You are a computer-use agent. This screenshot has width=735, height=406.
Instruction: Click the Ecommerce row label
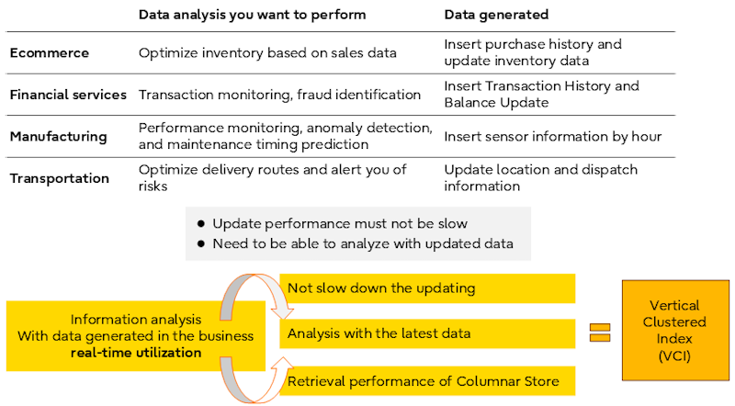click(x=50, y=52)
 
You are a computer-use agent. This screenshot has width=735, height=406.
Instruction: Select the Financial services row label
click(x=68, y=95)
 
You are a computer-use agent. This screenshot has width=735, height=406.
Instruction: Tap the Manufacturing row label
click(x=58, y=137)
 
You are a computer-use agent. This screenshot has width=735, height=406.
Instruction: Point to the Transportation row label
click(x=59, y=178)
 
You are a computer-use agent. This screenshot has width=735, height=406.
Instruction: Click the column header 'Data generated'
click(x=496, y=15)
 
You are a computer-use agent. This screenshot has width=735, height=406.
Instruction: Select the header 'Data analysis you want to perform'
click(x=252, y=15)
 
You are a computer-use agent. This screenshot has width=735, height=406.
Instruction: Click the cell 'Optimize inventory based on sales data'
click(x=267, y=52)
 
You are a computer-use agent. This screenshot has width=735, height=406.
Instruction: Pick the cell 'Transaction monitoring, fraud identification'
click(x=279, y=95)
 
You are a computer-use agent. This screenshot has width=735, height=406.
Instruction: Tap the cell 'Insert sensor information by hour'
click(x=553, y=137)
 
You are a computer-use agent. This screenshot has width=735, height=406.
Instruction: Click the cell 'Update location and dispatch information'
click(x=540, y=177)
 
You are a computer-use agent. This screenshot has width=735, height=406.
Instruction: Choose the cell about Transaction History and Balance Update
click(x=541, y=95)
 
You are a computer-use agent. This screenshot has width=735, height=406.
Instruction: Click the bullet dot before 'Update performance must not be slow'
click(x=201, y=223)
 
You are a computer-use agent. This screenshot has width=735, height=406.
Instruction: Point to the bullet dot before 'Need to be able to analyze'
click(x=201, y=243)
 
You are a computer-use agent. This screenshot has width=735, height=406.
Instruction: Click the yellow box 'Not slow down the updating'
click(x=427, y=288)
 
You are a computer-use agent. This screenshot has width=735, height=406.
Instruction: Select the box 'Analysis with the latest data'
click(x=427, y=333)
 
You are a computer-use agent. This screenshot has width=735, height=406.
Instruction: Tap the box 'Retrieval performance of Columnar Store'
click(x=427, y=380)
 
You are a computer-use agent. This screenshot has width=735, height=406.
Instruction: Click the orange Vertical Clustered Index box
click(x=675, y=330)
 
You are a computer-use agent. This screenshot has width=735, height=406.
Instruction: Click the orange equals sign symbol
click(x=600, y=333)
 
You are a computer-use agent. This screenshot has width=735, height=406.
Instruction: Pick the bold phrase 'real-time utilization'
click(x=136, y=353)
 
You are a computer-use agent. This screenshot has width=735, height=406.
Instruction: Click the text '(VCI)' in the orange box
click(x=674, y=355)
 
